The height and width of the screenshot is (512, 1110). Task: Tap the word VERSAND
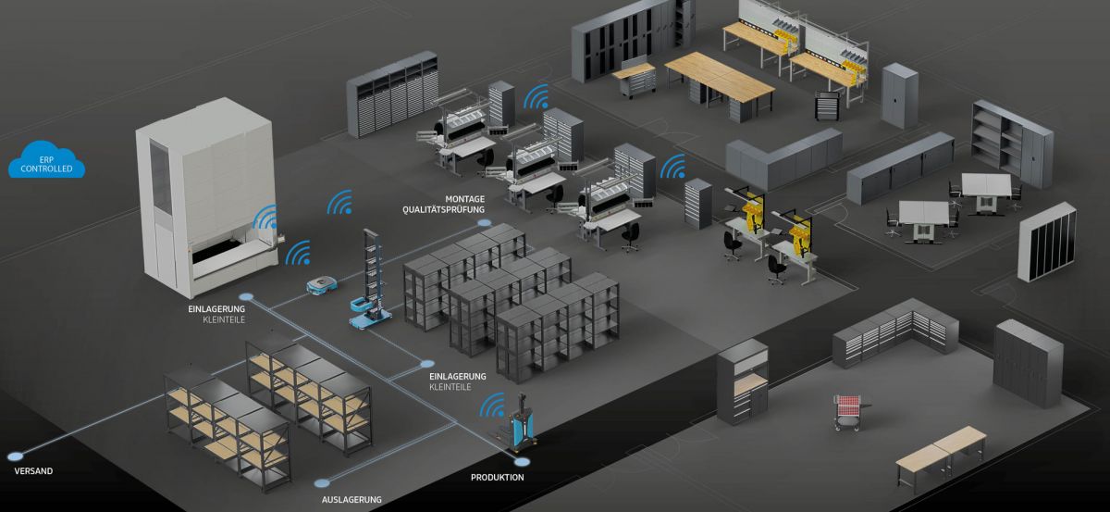(x=33, y=471)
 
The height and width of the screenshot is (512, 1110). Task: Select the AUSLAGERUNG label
(x=351, y=500)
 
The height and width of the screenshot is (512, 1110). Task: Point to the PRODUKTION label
(x=498, y=478)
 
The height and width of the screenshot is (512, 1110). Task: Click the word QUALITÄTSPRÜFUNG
(x=444, y=210)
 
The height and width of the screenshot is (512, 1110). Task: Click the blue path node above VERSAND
(x=15, y=456)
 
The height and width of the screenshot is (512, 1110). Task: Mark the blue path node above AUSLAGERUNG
(x=322, y=481)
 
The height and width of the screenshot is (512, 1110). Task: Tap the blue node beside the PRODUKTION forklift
(x=522, y=460)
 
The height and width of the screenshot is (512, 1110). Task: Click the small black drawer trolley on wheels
(x=826, y=105)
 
